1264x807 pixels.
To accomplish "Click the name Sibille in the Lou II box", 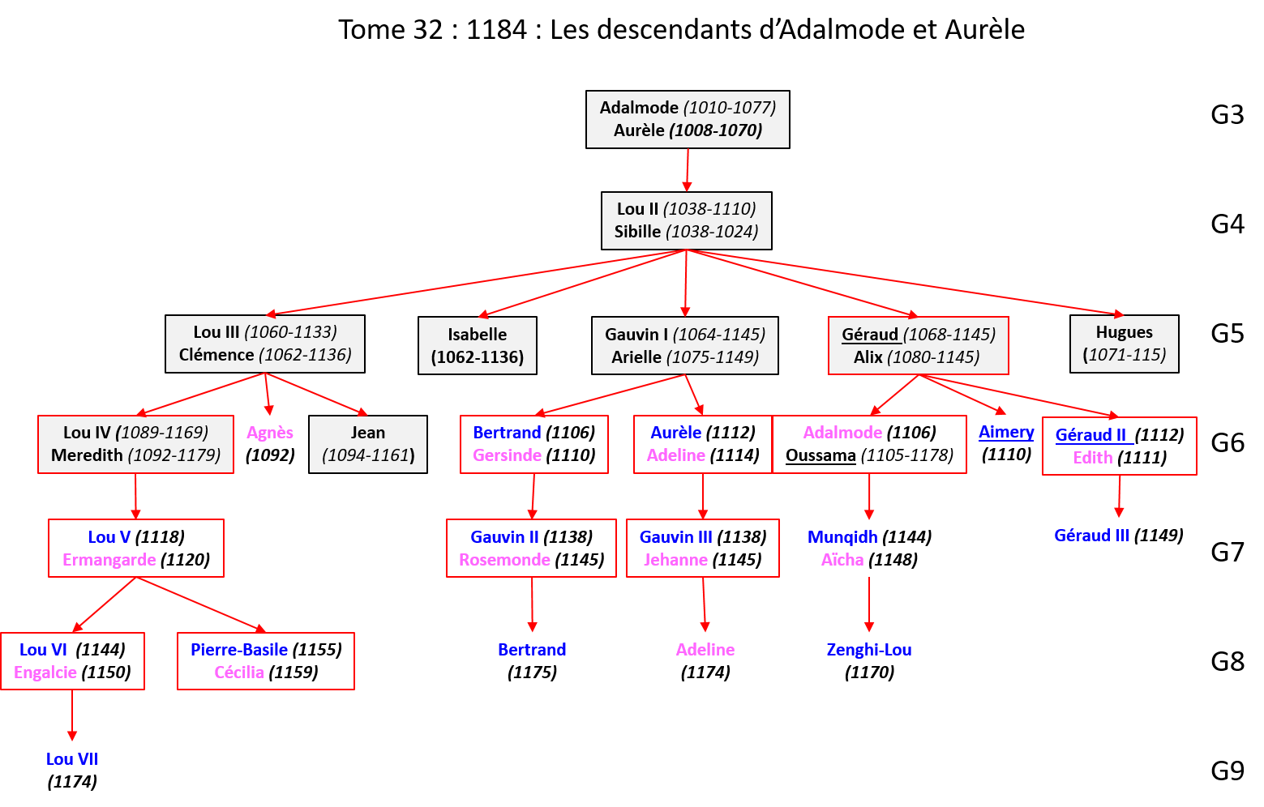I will pyautogui.click(x=637, y=232).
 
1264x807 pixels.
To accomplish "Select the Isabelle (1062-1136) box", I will pyautogui.click(x=477, y=345).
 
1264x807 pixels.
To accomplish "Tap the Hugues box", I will pyautogui.click(x=1124, y=344).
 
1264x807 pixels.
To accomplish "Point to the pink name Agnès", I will pyautogui.click(x=270, y=433).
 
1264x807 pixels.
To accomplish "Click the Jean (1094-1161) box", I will pyautogui.click(x=368, y=444).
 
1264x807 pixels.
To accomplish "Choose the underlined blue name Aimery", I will pyautogui.click(x=1006, y=432).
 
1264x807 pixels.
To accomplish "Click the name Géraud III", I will pyautogui.click(x=1091, y=536).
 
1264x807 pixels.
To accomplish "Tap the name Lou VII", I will pyautogui.click(x=72, y=759).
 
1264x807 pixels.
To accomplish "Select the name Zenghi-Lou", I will pyautogui.click(x=868, y=650).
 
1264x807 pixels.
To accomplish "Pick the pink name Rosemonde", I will pyautogui.click(x=504, y=560).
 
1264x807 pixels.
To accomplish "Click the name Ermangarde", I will pyautogui.click(x=109, y=560).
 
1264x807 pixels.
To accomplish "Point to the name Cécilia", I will pyautogui.click(x=239, y=672).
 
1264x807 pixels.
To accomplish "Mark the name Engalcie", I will pyautogui.click(x=45, y=672).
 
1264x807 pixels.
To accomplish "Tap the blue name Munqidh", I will pyautogui.click(x=842, y=537).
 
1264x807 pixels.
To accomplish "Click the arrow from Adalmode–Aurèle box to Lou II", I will pyautogui.click(x=687, y=170).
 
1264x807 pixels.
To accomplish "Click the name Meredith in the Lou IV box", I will pyautogui.click(x=87, y=455).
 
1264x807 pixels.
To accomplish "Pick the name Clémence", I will pyautogui.click(x=216, y=355).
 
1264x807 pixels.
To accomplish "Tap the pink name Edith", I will pyautogui.click(x=1093, y=458).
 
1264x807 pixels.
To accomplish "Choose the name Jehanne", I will pyautogui.click(x=675, y=560).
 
